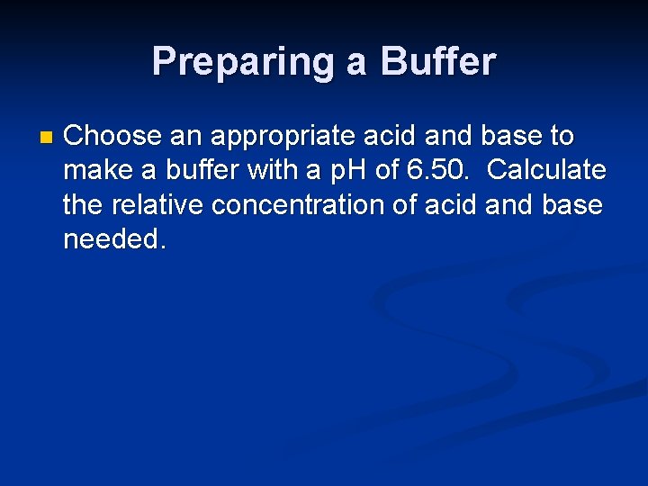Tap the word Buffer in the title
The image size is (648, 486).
click(438, 62)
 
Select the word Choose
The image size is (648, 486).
click(109, 136)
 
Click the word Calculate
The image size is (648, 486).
click(546, 170)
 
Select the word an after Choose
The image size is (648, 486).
click(179, 136)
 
